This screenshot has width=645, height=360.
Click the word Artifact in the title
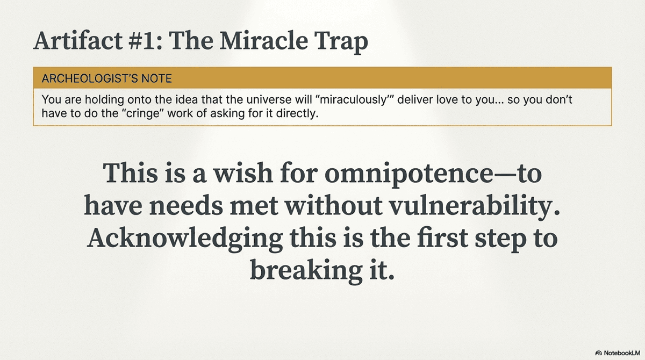78,41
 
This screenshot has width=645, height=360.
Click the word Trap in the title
341,42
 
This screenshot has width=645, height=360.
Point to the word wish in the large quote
243,173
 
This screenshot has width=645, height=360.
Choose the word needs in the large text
186,206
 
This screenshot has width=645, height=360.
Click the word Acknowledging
184,240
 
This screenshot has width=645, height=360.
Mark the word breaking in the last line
306,270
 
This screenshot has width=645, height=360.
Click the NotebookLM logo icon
599,353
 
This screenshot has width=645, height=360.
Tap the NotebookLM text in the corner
622,353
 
